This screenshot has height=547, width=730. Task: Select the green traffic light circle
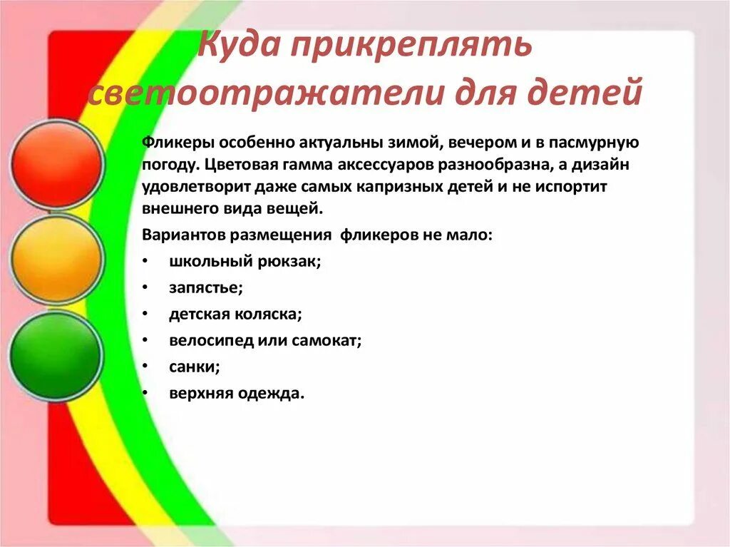pyautogui.click(x=56, y=354)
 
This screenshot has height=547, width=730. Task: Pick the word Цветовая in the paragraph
pyautogui.click(x=233, y=164)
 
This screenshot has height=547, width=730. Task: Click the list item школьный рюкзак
pyautogui.click(x=245, y=261)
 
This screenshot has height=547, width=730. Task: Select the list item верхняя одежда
pyautogui.click(x=237, y=393)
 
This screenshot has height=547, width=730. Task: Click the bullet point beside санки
pyautogui.click(x=145, y=367)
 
